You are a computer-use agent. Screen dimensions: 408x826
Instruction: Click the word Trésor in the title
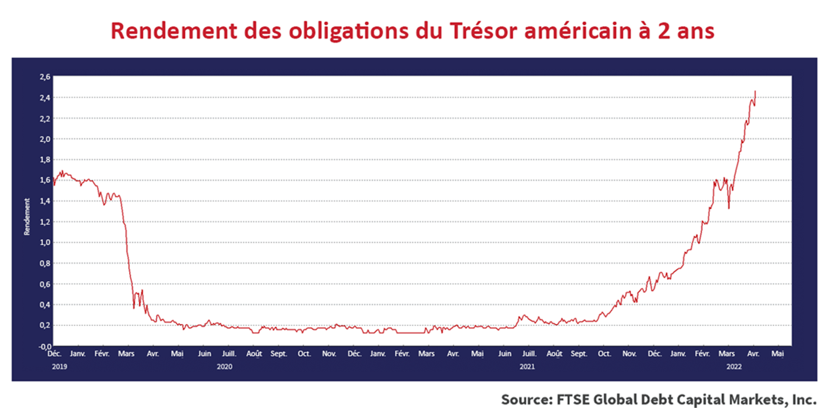pyautogui.click(x=483, y=31)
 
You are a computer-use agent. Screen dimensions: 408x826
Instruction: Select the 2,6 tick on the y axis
pyautogui.click(x=45, y=77)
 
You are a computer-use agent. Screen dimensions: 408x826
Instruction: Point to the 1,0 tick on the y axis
pyautogui.click(x=45, y=243)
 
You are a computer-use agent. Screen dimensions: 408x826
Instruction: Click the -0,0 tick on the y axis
pyautogui.click(x=44, y=346)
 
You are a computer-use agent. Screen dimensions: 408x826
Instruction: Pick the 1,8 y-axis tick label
pyautogui.click(x=45, y=160)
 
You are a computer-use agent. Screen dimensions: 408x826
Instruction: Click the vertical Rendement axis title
pyautogui.click(x=27, y=217)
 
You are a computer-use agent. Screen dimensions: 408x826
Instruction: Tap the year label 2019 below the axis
pyautogui.click(x=59, y=367)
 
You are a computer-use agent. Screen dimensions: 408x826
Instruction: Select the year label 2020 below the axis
pyautogui.click(x=224, y=367)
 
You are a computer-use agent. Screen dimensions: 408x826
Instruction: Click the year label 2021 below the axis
pyautogui.click(x=527, y=367)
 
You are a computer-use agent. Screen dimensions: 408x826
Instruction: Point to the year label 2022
pyautogui.click(x=734, y=367)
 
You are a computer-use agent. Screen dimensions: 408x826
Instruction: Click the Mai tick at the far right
pyautogui.click(x=778, y=354)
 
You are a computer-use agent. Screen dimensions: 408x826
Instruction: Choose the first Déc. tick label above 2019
pyautogui.click(x=54, y=354)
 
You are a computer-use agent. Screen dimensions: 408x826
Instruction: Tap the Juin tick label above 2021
pyautogui.click(x=504, y=354)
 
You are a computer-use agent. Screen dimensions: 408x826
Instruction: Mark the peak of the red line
pyautogui.click(x=755, y=91)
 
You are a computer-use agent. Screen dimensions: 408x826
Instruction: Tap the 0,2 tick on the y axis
pyautogui.click(x=45, y=325)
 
